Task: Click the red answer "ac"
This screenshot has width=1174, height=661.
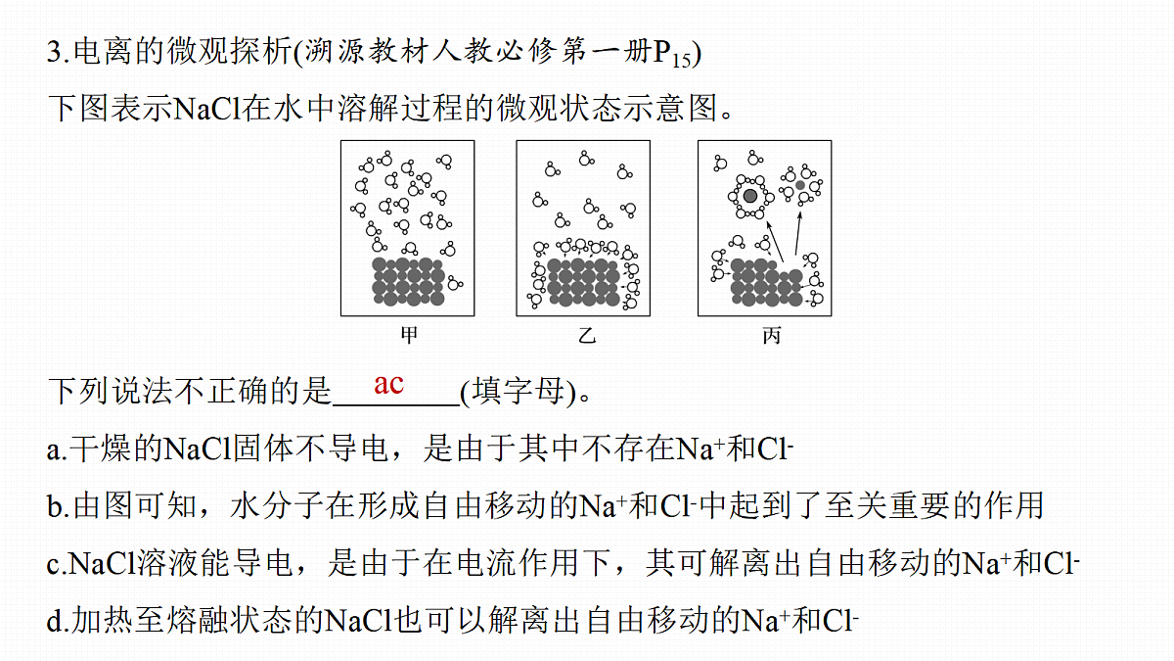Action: pyautogui.click(x=389, y=385)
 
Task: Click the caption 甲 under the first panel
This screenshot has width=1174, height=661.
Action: pyautogui.click(x=409, y=335)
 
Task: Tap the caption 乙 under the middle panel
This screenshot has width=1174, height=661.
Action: pyautogui.click(x=587, y=335)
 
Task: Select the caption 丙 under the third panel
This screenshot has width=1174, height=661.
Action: pyautogui.click(x=772, y=335)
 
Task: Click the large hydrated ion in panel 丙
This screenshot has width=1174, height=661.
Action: pyautogui.click(x=750, y=196)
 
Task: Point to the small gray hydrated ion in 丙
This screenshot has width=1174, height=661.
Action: pyautogui.click(x=800, y=185)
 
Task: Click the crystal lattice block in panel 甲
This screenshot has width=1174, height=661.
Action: pyautogui.click(x=408, y=282)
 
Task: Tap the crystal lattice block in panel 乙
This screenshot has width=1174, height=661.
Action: pyautogui.click(x=583, y=282)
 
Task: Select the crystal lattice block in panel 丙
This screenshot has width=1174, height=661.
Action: pyautogui.click(x=766, y=283)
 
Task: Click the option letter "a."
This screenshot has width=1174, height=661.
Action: pyautogui.click(x=57, y=450)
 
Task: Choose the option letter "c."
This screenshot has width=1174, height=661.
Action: pyautogui.click(x=57, y=564)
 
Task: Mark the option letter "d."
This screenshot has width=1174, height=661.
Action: pyautogui.click(x=58, y=620)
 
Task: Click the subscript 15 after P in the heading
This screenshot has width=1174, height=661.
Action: pyautogui.click(x=681, y=61)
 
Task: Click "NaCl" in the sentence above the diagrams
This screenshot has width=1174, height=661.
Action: pyautogui.click(x=206, y=109)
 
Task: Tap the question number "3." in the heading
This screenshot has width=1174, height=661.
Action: pyautogui.click(x=58, y=52)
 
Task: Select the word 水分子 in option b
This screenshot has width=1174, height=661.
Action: pyautogui.click(x=277, y=505)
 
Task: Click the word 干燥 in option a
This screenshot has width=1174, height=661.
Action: pyautogui.click(x=100, y=449)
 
